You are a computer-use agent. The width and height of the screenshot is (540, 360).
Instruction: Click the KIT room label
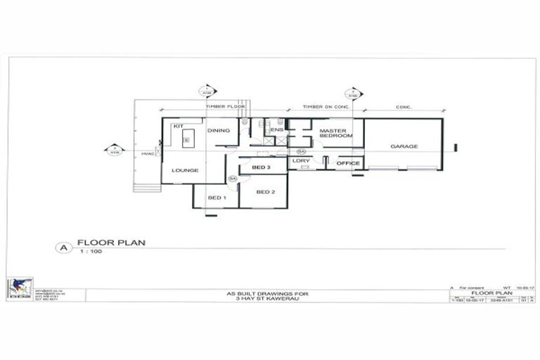click(178, 126)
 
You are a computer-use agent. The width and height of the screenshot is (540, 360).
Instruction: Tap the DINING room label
click(219, 130)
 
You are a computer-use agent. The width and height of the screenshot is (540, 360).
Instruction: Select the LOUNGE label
click(184, 170)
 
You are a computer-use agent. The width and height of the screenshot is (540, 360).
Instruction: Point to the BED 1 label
click(217, 198)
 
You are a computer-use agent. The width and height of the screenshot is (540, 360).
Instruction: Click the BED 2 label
click(265, 192)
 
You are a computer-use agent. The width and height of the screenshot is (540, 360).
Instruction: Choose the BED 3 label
click(261, 167)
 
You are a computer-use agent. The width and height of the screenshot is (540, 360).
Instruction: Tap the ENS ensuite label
click(277, 130)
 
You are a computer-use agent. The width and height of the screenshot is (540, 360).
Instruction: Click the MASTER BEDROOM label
click(335, 133)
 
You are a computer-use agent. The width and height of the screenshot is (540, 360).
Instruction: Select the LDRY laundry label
click(302, 161)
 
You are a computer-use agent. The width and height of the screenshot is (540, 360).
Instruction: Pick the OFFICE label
click(348, 163)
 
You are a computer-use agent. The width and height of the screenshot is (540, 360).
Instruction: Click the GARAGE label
click(404, 146)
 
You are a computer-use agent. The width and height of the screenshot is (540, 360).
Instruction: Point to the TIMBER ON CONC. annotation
click(325, 107)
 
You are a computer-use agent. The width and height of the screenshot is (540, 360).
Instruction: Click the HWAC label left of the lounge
click(147, 153)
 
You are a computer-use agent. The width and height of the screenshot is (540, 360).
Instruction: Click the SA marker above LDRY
click(301, 151)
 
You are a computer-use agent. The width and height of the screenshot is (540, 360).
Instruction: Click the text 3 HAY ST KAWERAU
click(266, 298)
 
